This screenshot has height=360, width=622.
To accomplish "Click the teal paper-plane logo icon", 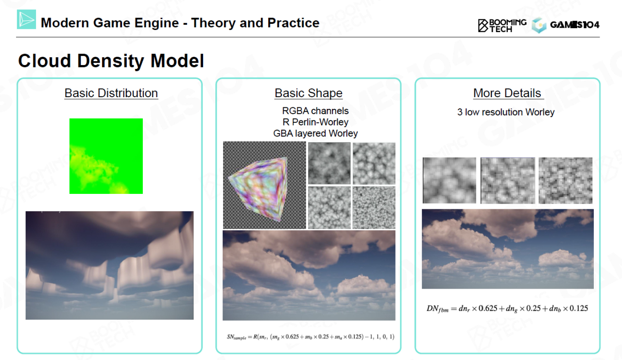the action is pyautogui.click(x=26, y=19).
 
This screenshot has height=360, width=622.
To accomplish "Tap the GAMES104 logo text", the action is pyautogui.click(x=574, y=25).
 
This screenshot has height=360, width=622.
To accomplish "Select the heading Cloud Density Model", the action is pyautogui.click(x=111, y=61).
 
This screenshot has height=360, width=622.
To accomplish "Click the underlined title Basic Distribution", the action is pyautogui.click(x=111, y=93).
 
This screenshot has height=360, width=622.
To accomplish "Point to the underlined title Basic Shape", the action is pyautogui.click(x=309, y=93).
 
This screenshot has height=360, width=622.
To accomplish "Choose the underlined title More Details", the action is pyautogui.click(x=507, y=93).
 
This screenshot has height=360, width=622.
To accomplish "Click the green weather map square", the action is pyautogui.click(x=106, y=156).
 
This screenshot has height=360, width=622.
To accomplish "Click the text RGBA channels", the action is pyautogui.click(x=315, y=111).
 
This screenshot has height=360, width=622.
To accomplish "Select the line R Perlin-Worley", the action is pyautogui.click(x=315, y=122).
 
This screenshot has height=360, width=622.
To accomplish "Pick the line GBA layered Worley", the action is pyautogui.click(x=315, y=134).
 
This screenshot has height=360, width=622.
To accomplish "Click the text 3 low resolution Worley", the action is pyautogui.click(x=506, y=112).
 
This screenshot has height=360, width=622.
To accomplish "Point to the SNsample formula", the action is pyautogui.click(x=311, y=337).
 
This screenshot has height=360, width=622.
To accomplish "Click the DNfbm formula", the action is pyautogui.click(x=507, y=309).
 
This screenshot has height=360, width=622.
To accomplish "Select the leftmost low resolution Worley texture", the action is pyautogui.click(x=449, y=180).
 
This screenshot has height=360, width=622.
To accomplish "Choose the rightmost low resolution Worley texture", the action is pyautogui.click(x=565, y=180).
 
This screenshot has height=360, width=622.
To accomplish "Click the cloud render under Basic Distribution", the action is pyautogui.click(x=109, y=265).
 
